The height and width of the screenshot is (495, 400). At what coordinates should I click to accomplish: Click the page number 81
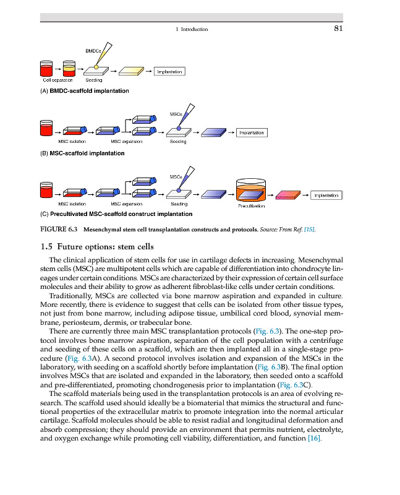[338, 28]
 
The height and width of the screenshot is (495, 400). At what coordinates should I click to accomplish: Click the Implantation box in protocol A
[169, 72]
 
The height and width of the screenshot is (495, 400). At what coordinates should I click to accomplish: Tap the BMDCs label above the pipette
[93, 49]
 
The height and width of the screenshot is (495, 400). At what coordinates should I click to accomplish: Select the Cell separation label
[57, 80]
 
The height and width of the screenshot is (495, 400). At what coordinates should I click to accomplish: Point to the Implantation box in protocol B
[251, 132]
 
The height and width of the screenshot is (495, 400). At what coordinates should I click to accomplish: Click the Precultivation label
[251, 206]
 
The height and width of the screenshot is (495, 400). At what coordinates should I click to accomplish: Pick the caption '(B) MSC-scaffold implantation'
[82, 153]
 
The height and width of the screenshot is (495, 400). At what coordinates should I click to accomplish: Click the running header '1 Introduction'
[192, 29]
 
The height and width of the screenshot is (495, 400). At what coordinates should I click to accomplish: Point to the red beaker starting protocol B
[45, 129]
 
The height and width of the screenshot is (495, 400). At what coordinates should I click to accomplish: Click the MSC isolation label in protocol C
[72, 204]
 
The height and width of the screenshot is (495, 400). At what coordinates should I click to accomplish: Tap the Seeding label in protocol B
[177, 142]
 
